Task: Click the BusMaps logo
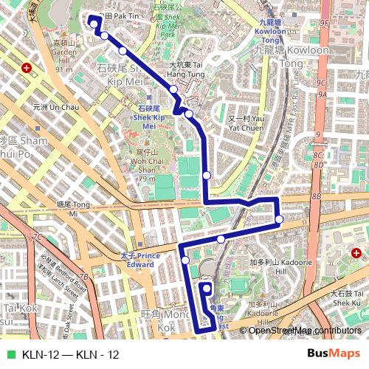tap(334, 354)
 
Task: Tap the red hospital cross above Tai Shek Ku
tap(356, 253)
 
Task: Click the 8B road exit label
tap(316, 196)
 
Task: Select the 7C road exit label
tap(37, 238)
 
